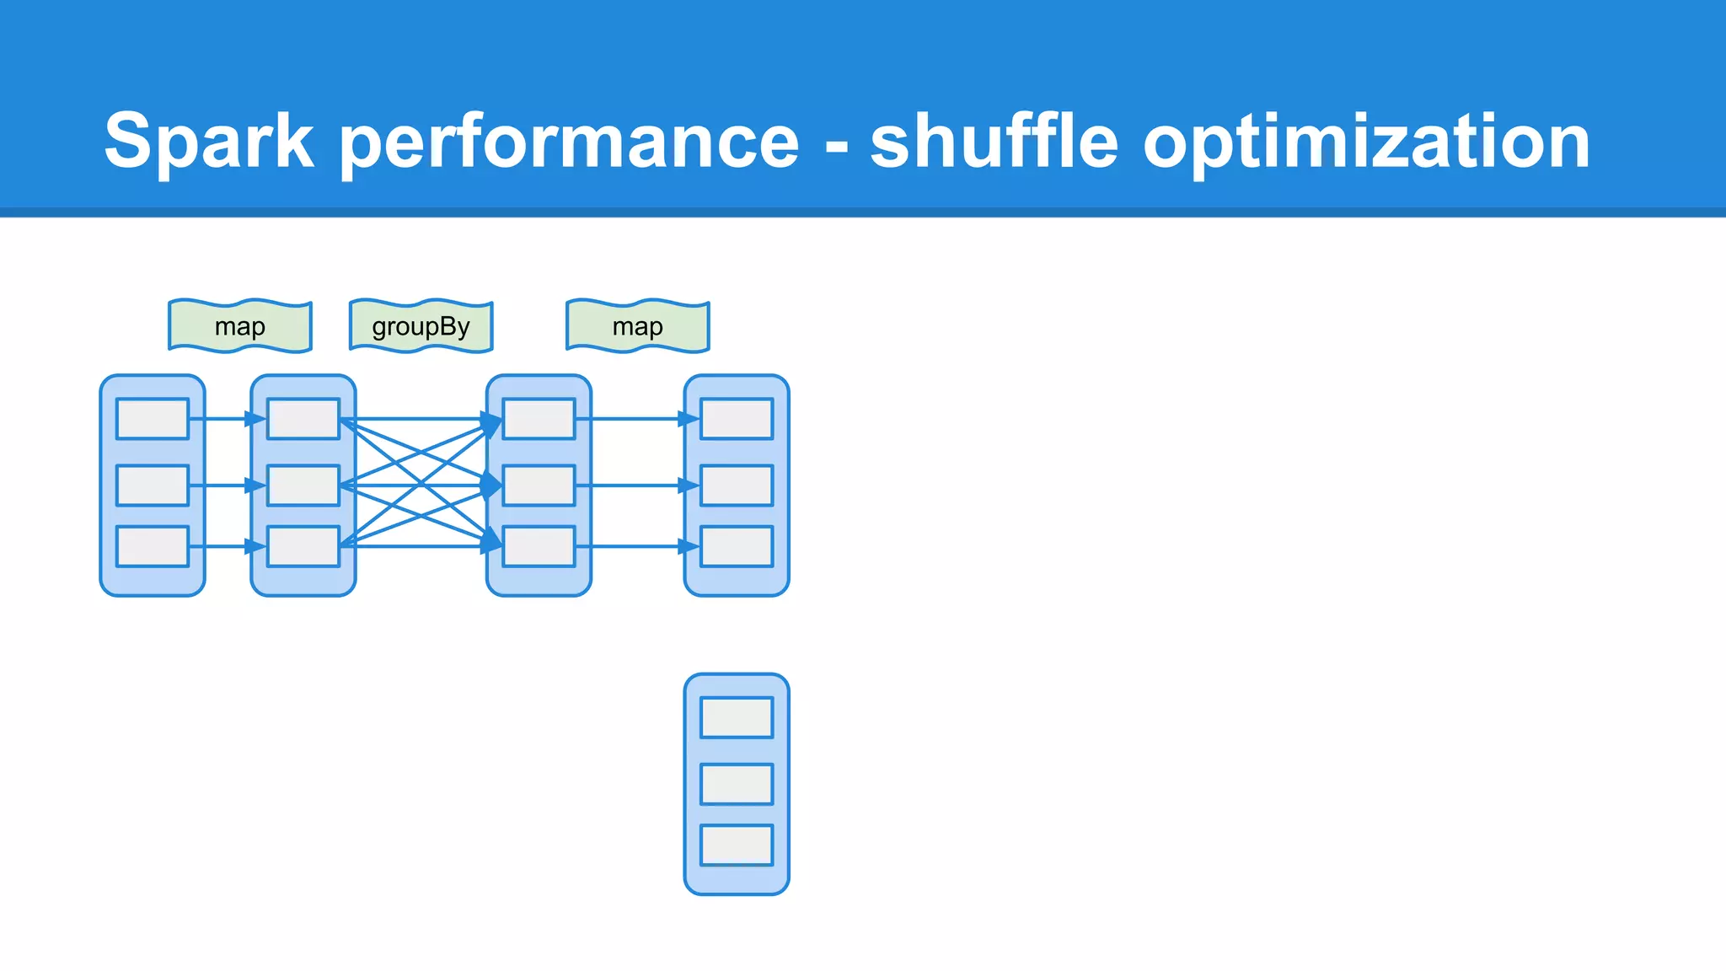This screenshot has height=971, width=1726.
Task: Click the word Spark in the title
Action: pyautogui.click(x=209, y=142)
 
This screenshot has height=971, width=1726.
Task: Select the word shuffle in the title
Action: pyautogui.click(x=994, y=142)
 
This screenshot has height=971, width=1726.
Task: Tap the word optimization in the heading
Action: pyautogui.click(x=1365, y=142)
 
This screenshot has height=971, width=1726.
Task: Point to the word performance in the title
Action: pyautogui.click(x=569, y=142)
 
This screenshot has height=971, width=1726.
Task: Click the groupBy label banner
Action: pyautogui.click(x=421, y=326)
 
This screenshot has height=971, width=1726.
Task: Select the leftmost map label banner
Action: pyautogui.click(x=240, y=326)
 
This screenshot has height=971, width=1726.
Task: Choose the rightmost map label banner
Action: pyautogui.click(x=638, y=326)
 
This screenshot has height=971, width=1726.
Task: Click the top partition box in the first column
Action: pyautogui.click(x=153, y=419)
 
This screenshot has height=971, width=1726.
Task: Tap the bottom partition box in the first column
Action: pyautogui.click(x=153, y=546)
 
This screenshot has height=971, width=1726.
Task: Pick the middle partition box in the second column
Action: pyautogui.click(x=303, y=485)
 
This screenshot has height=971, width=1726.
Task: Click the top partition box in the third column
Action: pyautogui.click(x=539, y=419)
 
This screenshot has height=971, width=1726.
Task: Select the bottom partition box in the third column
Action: pyautogui.click(x=539, y=546)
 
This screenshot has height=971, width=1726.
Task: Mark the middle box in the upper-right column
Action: pyautogui.click(x=737, y=485)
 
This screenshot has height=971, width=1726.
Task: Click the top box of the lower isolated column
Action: pyautogui.click(x=737, y=717)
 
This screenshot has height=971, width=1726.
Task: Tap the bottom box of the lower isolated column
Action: pyautogui.click(x=737, y=845)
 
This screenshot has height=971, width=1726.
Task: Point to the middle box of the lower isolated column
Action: pyautogui.click(x=737, y=784)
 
